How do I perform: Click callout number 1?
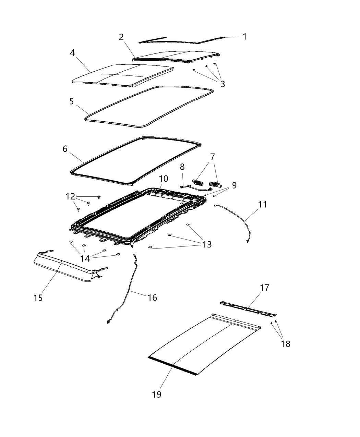[x=244, y=36]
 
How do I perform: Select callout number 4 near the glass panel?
[x=72, y=53]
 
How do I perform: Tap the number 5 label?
[x=71, y=101]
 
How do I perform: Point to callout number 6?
[x=65, y=149]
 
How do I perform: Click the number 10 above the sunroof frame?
[x=164, y=179]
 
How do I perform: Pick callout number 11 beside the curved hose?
[x=263, y=205]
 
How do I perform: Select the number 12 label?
[x=70, y=196]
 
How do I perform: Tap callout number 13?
[x=207, y=244]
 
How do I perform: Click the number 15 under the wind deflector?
[x=38, y=298]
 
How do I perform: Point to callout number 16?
[x=152, y=298]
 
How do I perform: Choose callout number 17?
[x=264, y=288]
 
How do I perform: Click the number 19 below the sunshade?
[x=156, y=394]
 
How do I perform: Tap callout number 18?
[x=285, y=344]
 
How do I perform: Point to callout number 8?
[x=182, y=167]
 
